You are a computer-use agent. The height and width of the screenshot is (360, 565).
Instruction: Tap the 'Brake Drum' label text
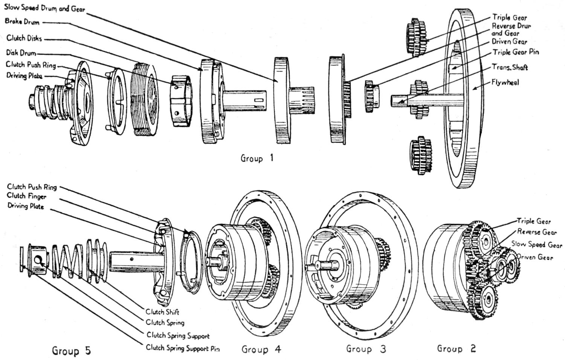click(x=22, y=22)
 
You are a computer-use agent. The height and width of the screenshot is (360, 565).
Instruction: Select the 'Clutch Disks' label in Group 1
click(x=24, y=38)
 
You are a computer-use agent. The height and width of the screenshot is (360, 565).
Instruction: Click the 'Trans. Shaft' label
click(x=510, y=67)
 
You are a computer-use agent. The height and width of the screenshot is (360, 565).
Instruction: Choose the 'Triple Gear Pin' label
click(x=515, y=52)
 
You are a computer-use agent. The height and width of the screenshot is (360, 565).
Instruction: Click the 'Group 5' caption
click(x=71, y=351)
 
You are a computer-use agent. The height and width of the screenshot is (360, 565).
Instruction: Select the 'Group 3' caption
click(x=366, y=349)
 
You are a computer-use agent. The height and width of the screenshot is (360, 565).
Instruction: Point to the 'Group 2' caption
click(x=456, y=348)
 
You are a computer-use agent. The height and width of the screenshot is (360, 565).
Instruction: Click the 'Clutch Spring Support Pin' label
click(x=183, y=348)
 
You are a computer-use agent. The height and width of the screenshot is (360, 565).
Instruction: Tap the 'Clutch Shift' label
click(x=162, y=312)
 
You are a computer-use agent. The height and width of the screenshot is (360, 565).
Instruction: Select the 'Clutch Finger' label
click(x=26, y=196)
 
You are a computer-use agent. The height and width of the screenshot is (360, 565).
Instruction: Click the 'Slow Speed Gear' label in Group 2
click(x=536, y=245)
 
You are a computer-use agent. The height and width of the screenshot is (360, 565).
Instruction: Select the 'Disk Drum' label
click(x=21, y=53)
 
